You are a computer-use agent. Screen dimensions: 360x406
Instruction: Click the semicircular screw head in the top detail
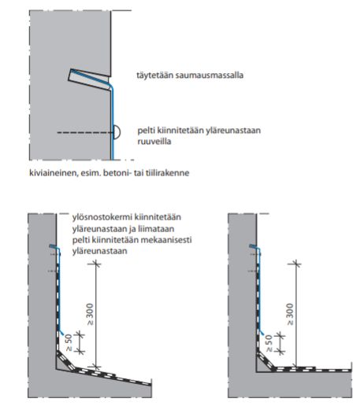click(x=117, y=132)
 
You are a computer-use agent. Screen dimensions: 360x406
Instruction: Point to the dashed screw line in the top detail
click(x=85, y=132)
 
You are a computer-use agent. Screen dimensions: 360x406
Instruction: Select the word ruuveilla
click(x=154, y=142)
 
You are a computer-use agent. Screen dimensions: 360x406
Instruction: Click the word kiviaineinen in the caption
click(x=54, y=173)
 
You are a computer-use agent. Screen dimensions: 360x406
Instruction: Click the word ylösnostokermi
click(x=102, y=217)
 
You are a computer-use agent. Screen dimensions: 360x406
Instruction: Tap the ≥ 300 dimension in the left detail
click(x=90, y=314)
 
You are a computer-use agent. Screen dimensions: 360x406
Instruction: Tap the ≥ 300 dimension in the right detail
click(x=290, y=314)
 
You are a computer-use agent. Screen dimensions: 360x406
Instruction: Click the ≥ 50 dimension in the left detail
click(x=69, y=342)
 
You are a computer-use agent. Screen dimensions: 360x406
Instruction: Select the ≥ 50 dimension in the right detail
click(x=269, y=343)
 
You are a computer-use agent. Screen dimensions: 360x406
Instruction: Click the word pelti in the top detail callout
click(x=144, y=131)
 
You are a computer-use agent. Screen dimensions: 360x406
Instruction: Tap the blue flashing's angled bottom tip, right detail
click(x=262, y=333)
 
